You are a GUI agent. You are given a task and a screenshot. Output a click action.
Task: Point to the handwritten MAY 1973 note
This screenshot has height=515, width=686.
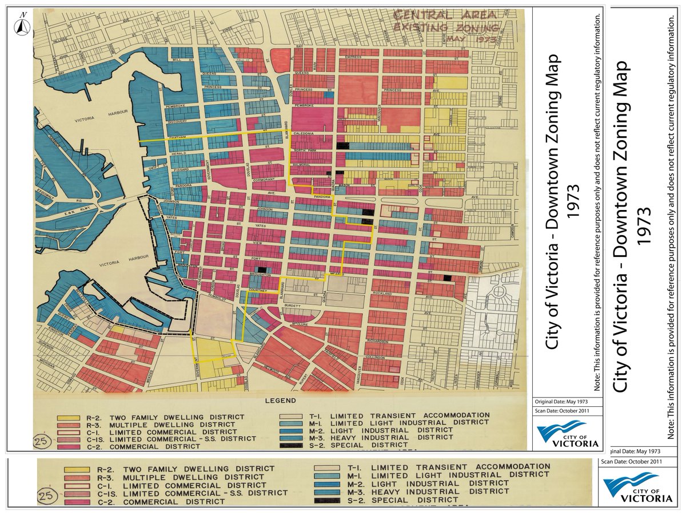(x=478, y=39)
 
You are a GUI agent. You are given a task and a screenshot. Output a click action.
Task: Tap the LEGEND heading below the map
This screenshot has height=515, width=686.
(x=280, y=401)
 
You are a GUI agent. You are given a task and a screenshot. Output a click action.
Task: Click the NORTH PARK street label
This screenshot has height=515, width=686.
(x=301, y=150)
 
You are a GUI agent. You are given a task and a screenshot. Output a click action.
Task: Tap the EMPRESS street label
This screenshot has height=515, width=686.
(x=350, y=57)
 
